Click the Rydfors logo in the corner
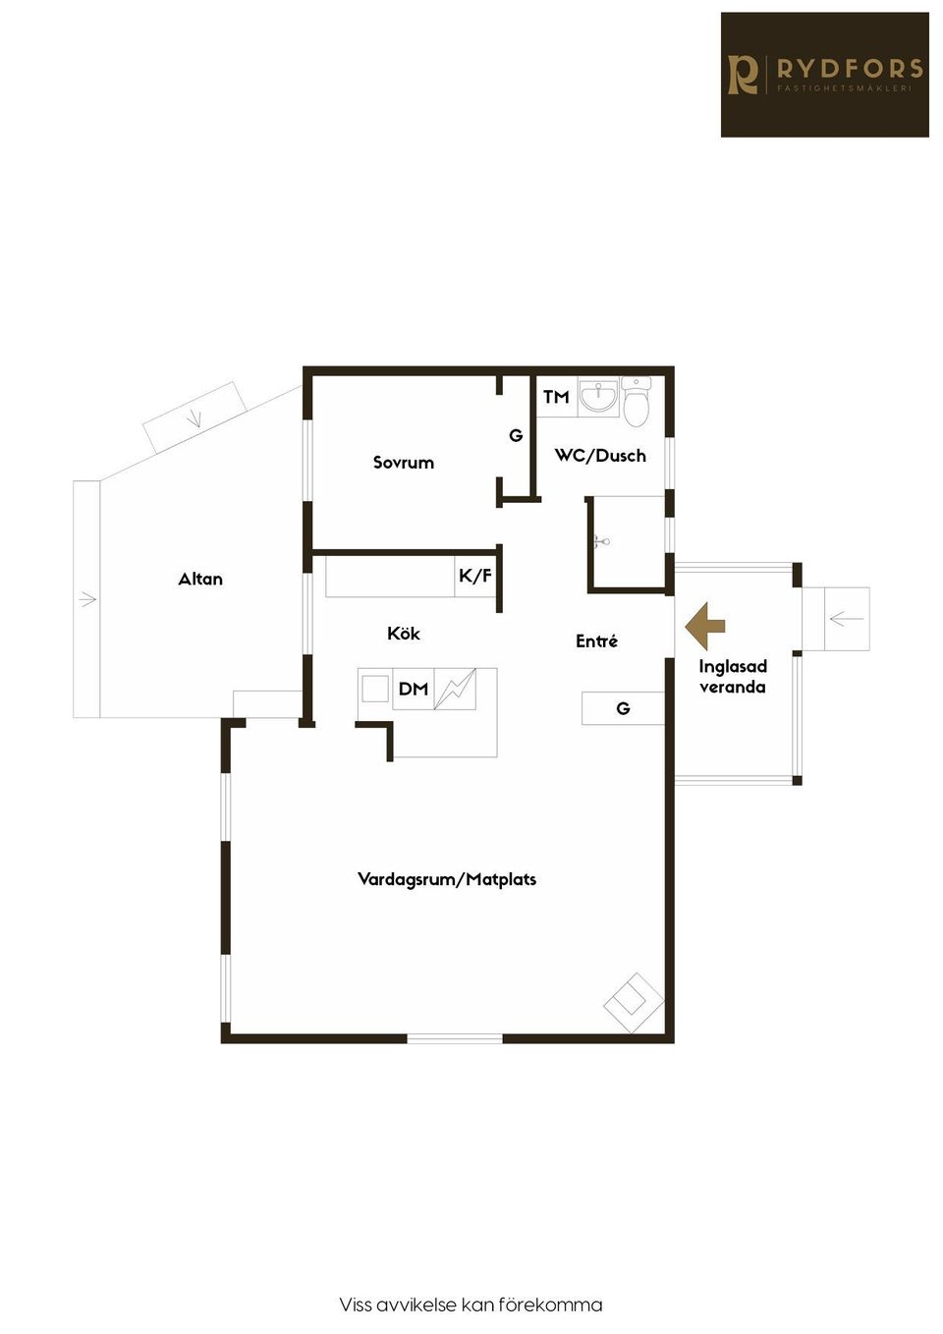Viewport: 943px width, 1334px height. [824, 75]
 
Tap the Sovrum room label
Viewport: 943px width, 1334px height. [403, 463]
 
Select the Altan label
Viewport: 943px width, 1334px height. [200, 580]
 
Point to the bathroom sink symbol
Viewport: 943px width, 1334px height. [598, 397]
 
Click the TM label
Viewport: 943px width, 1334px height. [556, 397]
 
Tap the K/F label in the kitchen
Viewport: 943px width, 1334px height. [475, 576]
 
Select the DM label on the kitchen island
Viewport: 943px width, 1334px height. [414, 690]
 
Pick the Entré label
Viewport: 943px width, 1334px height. [596, 641]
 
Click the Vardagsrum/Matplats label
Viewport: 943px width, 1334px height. [447, 879]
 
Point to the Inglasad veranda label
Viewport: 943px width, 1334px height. [733, 677]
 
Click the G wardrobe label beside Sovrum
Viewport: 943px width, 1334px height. [516, 435]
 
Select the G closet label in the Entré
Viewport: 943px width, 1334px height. [623, 708]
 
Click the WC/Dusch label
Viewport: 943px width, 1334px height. [600, 456]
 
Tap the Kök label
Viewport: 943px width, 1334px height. [404, 634]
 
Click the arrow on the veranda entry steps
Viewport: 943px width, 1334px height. [846, 619]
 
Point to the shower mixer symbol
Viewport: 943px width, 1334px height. [602, 540]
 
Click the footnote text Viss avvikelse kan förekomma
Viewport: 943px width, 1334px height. [471, 1305]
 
